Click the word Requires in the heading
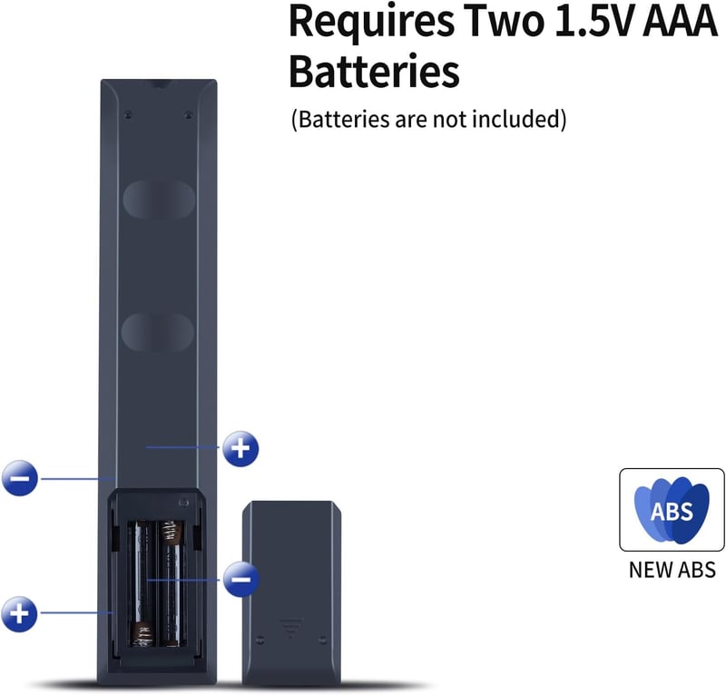pos(371,22)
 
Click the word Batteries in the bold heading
pos(374,71)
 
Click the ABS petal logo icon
pos(672,510)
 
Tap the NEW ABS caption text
pos(672,570)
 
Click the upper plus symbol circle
pos(240,448)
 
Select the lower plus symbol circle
pos(19,614)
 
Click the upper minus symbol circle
pos(19,478)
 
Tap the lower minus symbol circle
pos(240,579)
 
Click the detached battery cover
pos(291,593)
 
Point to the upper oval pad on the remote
pos(158,199)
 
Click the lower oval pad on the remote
pos(157,331)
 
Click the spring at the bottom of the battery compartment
pos(142,635)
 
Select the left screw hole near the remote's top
pos(129,113)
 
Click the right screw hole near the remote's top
pos(188,113)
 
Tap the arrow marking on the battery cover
pos(291,626)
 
